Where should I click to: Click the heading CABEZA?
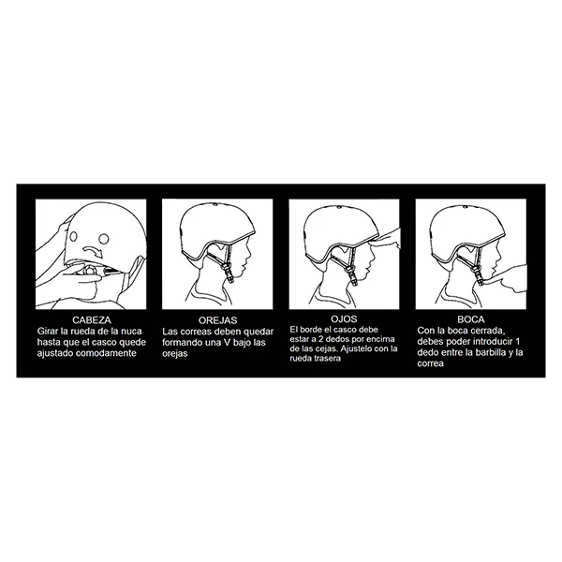pos(92,319)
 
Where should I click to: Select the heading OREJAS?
pos(218,320)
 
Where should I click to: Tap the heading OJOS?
pos(344,318)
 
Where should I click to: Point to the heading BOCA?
pos(471,319)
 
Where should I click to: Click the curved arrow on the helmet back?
pos(92,251)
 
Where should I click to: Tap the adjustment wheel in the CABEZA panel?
pos(88,271)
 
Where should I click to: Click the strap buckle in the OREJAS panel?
pos(228,272)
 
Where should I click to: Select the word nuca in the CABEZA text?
pos(131,331)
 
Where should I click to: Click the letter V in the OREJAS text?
pos(226,342)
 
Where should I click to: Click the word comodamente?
pos(106,353)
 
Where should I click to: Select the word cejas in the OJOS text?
pos(327,348)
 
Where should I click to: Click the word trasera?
pos(327,358)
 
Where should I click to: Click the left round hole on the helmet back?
pos(73,237)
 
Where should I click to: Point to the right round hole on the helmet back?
pos(104,238)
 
